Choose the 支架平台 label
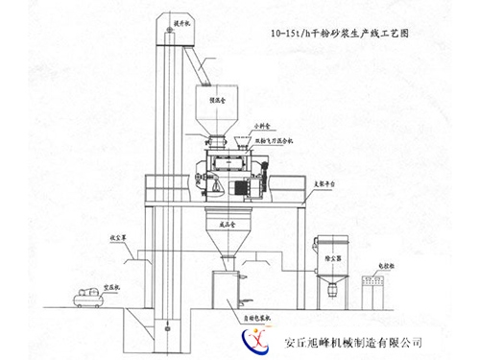[330, 178]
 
